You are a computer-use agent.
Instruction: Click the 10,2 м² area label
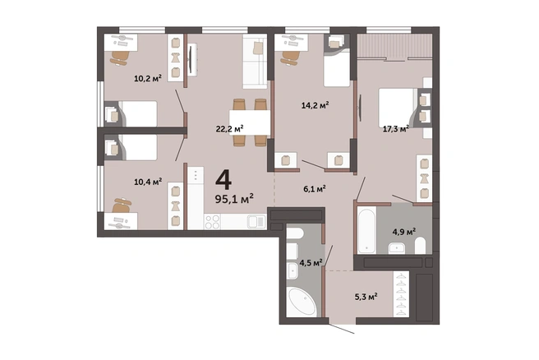click(x=148, y=78)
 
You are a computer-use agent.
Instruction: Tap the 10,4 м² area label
click(x=148, y=182)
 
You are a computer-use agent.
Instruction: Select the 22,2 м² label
click(x=229, y=129)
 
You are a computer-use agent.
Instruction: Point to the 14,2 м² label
click(x=316, y=105)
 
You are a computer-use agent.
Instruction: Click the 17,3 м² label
click(x=396, y=129)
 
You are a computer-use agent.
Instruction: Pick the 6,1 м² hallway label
click(x=315, y=189)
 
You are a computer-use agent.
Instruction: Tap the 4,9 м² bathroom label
click(x=404, y=232)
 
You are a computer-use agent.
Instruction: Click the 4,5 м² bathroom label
click(x=311, y=263)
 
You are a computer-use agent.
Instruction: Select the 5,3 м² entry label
click(x=366, y=297)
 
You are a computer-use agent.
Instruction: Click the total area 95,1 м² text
click(x=234, y=199)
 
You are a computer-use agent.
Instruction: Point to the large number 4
click(x=223, y=180)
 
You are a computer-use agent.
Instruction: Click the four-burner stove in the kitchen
click(x=212, y=221)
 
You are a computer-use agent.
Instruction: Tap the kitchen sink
click(x=256, y=221)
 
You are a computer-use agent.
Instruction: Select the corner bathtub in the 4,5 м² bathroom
click(x=302, y=302)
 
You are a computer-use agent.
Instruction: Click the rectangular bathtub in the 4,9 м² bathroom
click(x=366, y=230)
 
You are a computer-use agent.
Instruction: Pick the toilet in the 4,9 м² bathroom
click(x=420, y=246)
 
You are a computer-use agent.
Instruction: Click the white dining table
click(x=250, y=122)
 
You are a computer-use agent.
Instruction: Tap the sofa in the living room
click(x=255, y=61)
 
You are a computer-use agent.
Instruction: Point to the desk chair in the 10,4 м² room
click(x=122, y=205)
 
